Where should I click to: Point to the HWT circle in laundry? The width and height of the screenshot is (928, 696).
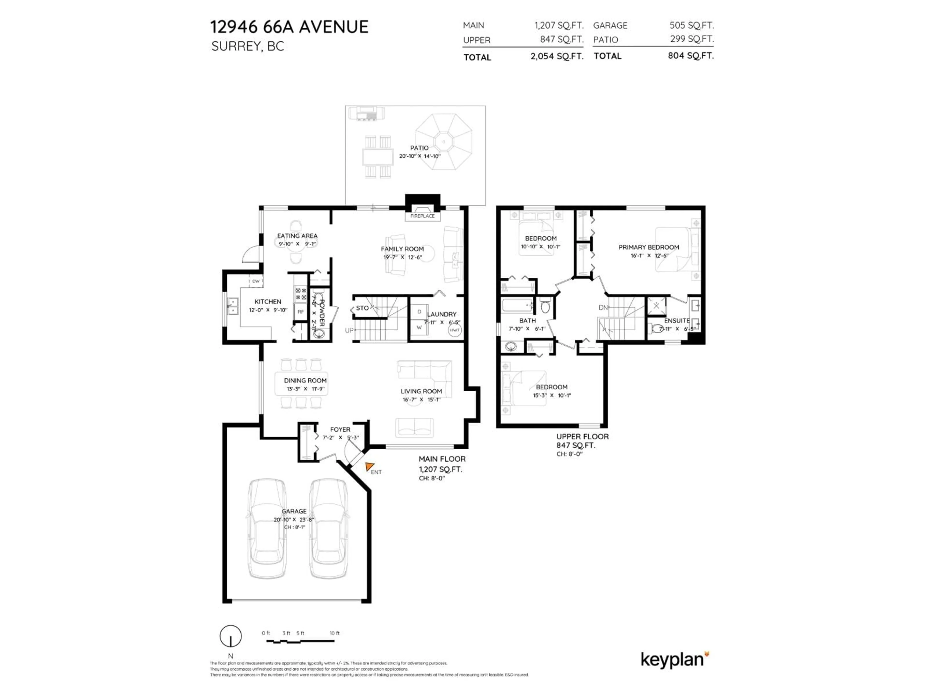click(455, 330)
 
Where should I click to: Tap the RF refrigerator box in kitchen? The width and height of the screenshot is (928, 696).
click(300, 312)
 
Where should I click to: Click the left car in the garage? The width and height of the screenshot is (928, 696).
click(267, 528)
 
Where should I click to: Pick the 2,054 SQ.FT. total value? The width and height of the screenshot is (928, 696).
click(557, 56)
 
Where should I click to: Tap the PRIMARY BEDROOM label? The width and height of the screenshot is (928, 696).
click(649, 247)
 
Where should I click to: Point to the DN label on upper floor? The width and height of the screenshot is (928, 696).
click(603, 307)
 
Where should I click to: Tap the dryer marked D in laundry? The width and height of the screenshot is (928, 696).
click(419, 312)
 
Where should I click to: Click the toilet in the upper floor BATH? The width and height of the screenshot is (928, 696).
click(545, 307)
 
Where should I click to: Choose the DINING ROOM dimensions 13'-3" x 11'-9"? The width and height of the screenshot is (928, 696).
click(305, 389)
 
